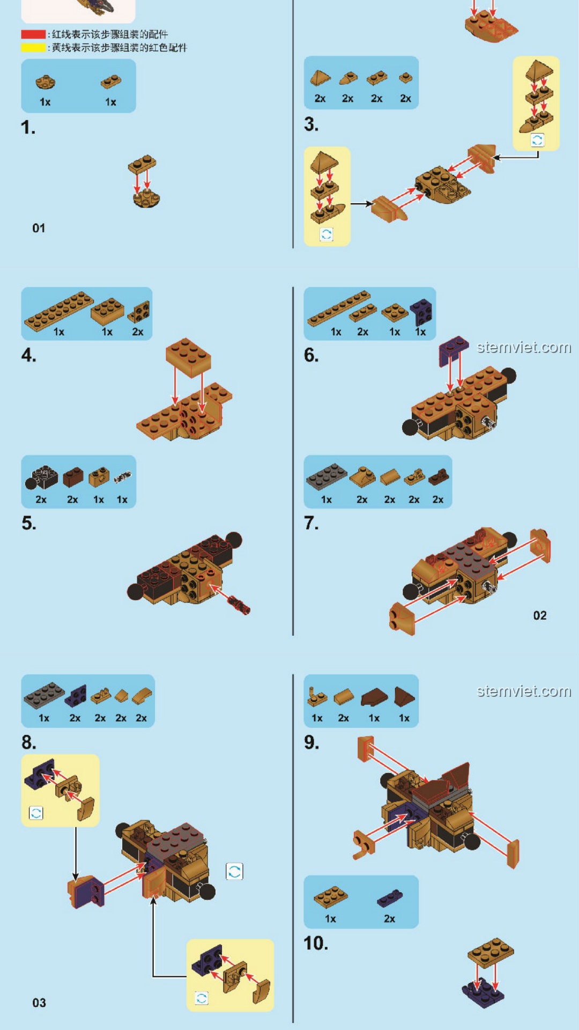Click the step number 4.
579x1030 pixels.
[29, 355]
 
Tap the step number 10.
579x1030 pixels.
[316, 943]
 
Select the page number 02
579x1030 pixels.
[540, 615]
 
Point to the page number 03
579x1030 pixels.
[39, 1003]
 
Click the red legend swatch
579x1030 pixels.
[33, 34]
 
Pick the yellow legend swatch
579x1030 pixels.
[33, 47]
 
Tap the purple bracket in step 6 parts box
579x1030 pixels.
[421, 312]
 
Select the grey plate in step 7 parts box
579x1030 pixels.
[326, 476]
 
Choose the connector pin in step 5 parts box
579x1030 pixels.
[122, 476]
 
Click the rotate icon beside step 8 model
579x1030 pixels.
[234, 871]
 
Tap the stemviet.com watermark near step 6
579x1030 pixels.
[524, 348]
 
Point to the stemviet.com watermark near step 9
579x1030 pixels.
[524, 691]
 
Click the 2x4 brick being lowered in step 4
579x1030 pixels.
[189, 357]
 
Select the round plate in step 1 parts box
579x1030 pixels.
[46, 82]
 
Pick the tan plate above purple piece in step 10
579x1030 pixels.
[491, 952]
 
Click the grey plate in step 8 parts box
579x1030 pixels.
[44, 695]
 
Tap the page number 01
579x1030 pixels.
[39, 228]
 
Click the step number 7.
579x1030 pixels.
[311, 523]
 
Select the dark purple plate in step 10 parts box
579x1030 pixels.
[390, 897]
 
